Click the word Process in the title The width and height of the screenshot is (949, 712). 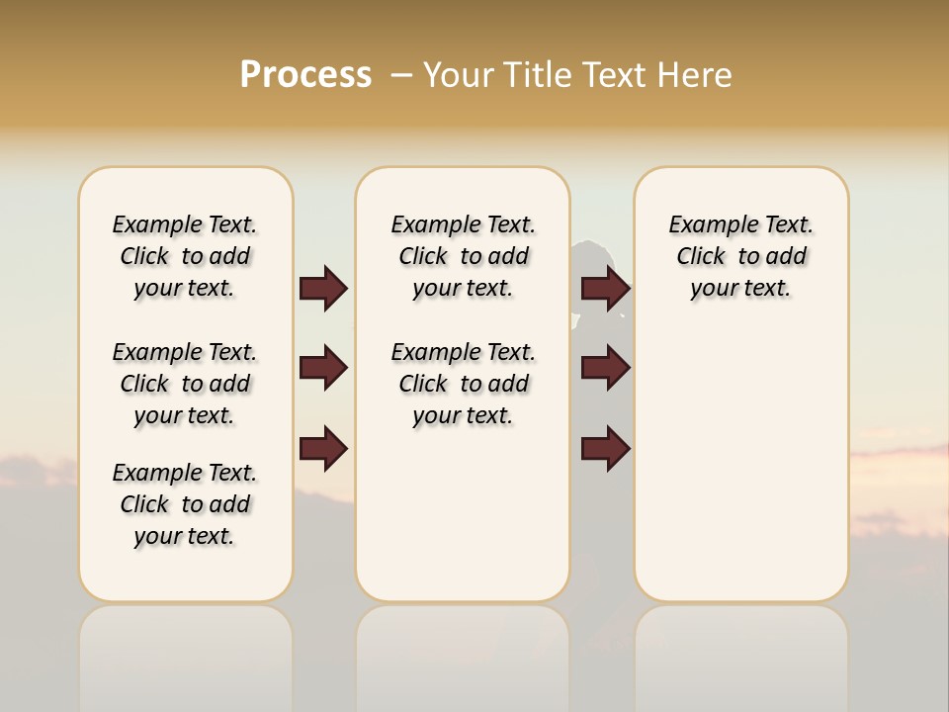pyautogui.click(x=305, y=75)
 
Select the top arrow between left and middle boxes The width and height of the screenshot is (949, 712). pyautogui.click(x=323, y=288)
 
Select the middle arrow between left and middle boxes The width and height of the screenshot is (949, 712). pyautogui.click(x=323, y=368)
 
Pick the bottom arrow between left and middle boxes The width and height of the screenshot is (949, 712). pyautogui.click(x=323, y=449)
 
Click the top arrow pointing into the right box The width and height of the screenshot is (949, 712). pyautogui.click(x=605, y=288)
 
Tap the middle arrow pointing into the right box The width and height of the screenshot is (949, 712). pyautogui.click(x=605, y=368)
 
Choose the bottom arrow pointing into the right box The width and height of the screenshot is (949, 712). pyautogui.click(x=605, y=449)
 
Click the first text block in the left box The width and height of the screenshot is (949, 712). pyautogui.click(x=185, y=256)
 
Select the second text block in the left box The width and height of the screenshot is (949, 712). pyautogui.click(x=185, y=384)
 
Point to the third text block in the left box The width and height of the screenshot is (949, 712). pyautogui.click(x=185, y=504)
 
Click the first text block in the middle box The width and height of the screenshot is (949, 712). pyautogui.click(x=463, y=256)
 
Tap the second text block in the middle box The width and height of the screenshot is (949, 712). pyautogui.click(x=463, y=384)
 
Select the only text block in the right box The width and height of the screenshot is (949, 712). pyautogui.click(x=740, y=256)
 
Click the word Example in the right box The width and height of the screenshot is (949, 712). pyautogui.click(x=706, y=225)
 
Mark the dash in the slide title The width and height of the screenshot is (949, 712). pyautogui.click(x=401, y=75)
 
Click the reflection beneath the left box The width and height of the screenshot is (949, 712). pyautogui.click(x=186, y=653)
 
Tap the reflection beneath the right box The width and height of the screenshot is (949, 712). pyautogui.click(x=741, y=653)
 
